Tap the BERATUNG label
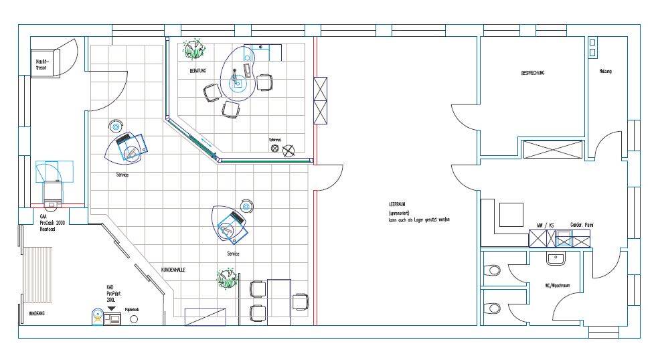197,70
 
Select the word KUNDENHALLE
173,269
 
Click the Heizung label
605,71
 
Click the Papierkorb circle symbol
133,319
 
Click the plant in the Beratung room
195,48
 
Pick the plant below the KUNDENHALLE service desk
228,278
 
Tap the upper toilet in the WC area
493,270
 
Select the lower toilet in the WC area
493,308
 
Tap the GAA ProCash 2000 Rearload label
50,223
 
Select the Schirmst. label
275,139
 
